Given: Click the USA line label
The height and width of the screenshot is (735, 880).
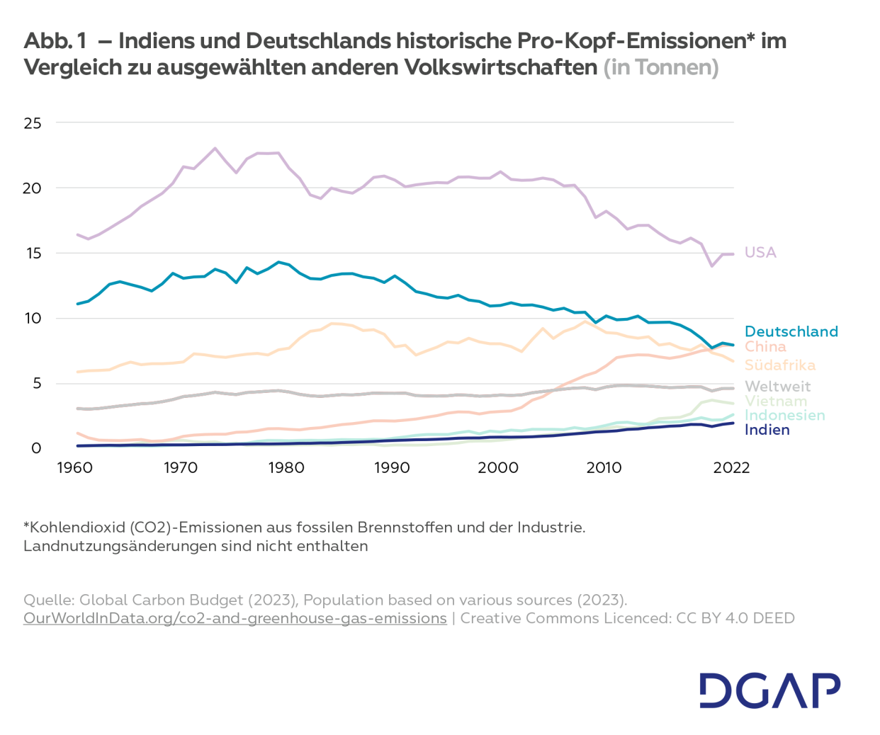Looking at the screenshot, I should pos(760,253).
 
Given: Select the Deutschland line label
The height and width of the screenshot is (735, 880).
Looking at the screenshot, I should pos(791,331).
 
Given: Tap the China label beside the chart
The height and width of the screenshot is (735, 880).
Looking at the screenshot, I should pos(765,346).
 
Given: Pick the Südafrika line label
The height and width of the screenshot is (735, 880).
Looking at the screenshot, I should pos(779,365).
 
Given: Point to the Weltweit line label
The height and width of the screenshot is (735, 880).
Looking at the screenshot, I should pos(777,387).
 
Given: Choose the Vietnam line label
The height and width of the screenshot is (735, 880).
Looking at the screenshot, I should pos(775,401).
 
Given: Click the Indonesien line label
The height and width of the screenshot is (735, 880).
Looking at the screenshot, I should pos(784,415).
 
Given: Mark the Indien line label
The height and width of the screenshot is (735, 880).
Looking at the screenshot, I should pos(767,430).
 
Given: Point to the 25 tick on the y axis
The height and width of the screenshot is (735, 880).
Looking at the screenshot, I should pos(33,123).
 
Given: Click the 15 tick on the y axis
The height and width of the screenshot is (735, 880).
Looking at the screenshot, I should pos(33,253).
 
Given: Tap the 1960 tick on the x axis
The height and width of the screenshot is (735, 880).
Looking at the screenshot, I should pos(74,467).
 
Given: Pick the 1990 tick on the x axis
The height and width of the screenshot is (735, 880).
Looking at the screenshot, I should pos(392,467).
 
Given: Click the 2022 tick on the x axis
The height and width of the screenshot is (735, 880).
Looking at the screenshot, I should pos(730,467).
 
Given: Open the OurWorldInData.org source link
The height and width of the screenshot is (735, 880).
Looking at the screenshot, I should pos(235,618).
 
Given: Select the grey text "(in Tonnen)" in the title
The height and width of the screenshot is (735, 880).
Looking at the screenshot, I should pos(660,67).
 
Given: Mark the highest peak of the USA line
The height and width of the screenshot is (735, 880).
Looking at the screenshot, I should pos(215,148).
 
